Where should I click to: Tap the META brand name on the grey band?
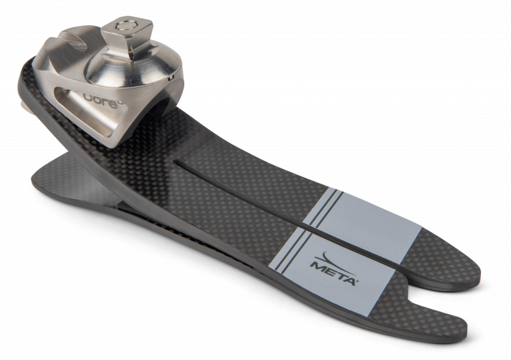333,270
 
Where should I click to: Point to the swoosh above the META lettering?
333,258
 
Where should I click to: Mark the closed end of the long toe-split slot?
176,160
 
